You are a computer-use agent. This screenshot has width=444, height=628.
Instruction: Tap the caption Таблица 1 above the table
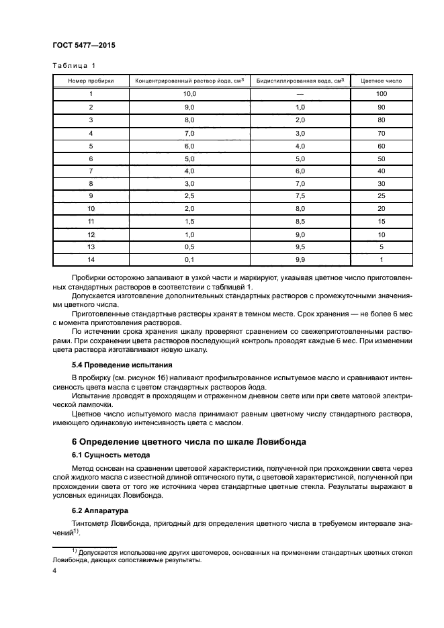point(74,65)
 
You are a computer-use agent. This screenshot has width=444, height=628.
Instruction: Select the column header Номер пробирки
point(91,81)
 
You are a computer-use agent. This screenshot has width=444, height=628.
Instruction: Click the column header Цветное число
point(382,81)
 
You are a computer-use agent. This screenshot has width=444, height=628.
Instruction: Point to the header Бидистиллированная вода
point(300,81)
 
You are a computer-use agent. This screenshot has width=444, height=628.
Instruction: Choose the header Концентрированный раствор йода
point(189,81)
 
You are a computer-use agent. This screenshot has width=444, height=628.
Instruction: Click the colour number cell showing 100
point(382,94)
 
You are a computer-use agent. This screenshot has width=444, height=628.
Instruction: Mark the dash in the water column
point(300,94)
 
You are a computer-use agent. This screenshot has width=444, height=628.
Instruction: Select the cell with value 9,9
point(300,259)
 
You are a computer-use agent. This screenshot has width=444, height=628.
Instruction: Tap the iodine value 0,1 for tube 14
point(189,259)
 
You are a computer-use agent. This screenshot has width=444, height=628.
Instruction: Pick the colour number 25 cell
point(382,196)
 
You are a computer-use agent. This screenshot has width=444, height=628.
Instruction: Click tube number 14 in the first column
point(91,259)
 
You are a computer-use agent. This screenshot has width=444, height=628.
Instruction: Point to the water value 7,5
point(300,196)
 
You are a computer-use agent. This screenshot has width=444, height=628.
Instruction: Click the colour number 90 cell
point(382,107)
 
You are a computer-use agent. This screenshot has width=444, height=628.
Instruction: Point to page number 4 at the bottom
point(54,570)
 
